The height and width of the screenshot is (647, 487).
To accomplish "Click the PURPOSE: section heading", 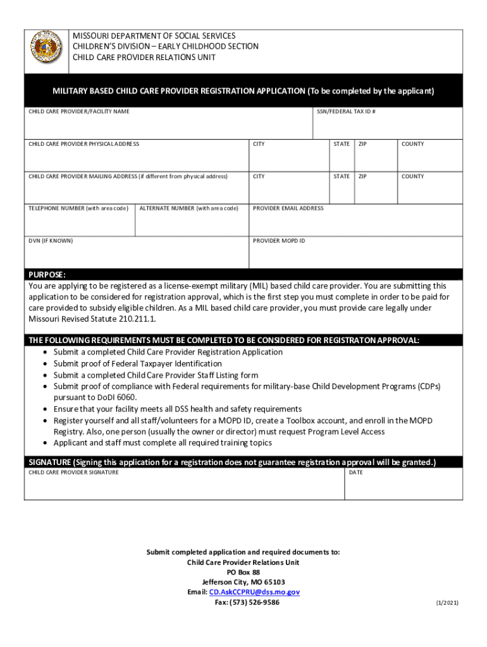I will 47,275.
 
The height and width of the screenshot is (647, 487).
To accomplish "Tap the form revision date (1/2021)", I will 447,603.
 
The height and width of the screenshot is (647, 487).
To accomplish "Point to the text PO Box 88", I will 244,572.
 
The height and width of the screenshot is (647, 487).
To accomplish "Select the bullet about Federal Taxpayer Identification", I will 138,364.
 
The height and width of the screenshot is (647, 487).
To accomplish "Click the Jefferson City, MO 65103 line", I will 244,582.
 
